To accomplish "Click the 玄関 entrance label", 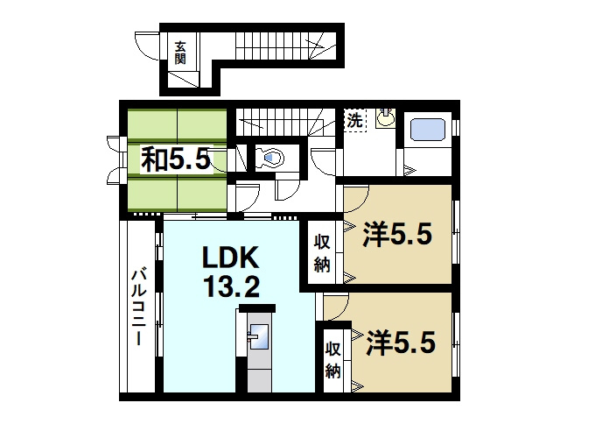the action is (x=180, y=53).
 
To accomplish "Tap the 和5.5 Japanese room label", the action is (x=176, y=159).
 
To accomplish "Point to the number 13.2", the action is (x=231, y=286).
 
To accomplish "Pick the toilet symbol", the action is (x=270, y=158).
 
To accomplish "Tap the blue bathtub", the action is (x=428, y=129).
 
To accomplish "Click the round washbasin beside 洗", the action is (x=386, y=117).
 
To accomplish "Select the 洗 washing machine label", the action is (x=354, y=121).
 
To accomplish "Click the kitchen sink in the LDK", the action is (x=259, y=336).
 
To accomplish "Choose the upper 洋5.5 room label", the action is (x=398, y=235).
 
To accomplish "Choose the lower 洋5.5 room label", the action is (x=401, y=343).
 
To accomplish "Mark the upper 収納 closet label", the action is (x=322, y=253).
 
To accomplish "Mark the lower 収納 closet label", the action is (x=333, y=360).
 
